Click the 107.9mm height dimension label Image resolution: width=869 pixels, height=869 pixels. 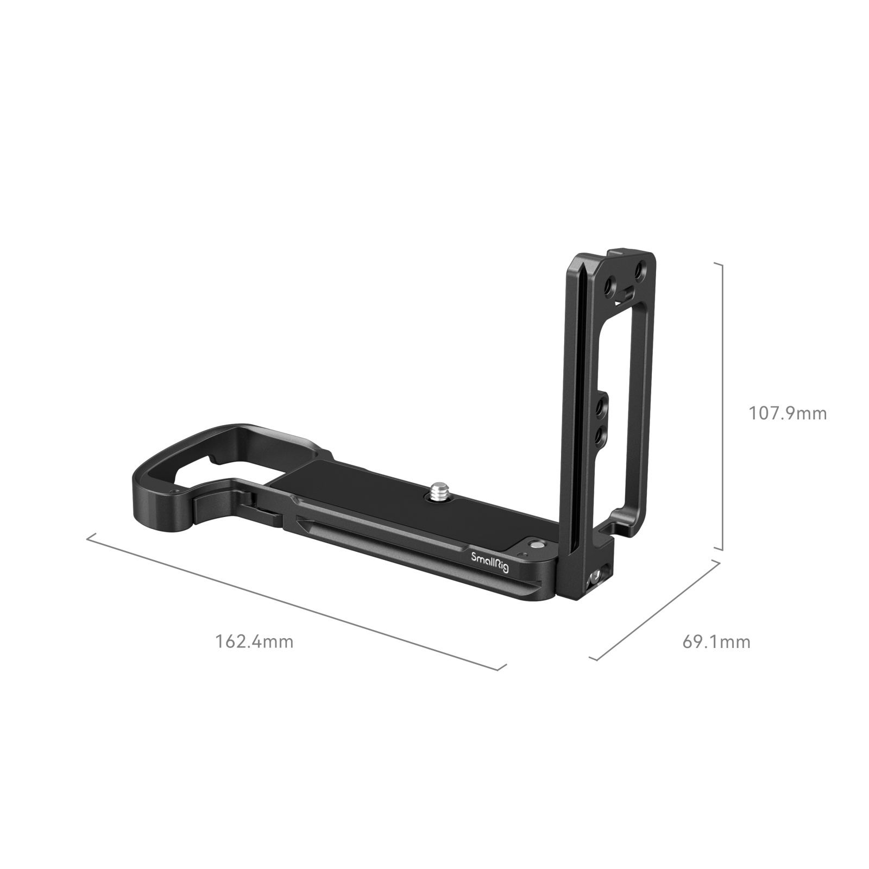tap(788, 414)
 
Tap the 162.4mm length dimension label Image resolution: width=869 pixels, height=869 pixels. tap(255, 641)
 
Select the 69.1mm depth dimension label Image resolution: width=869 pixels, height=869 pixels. tap(716, 642)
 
